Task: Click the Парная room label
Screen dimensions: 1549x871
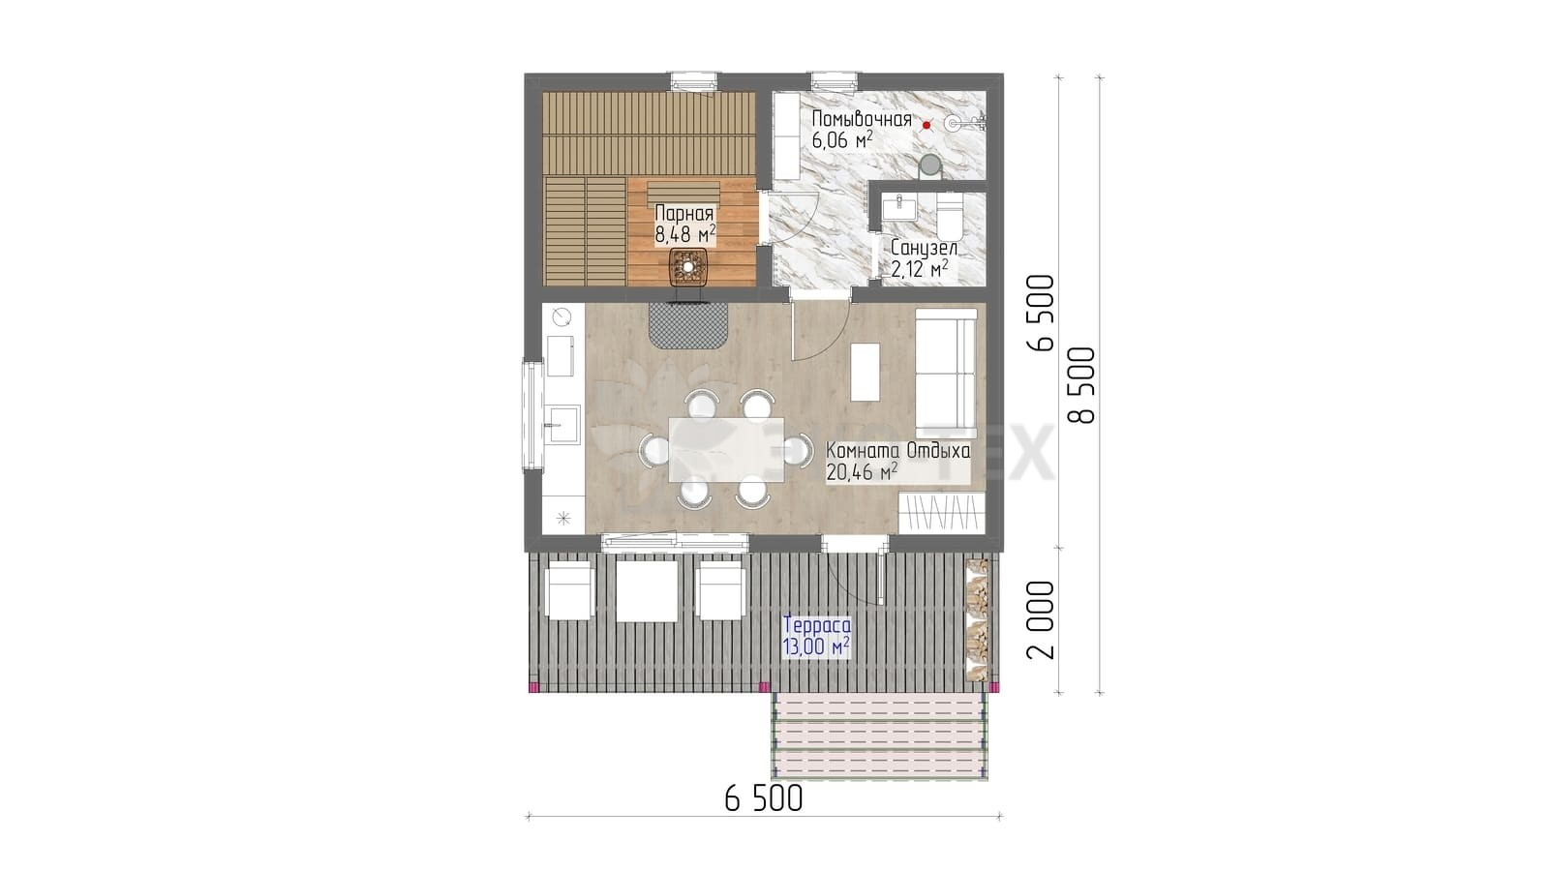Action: (683, 213)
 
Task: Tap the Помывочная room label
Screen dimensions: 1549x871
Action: (862, 119)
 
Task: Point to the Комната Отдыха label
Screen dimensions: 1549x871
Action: (898, 451)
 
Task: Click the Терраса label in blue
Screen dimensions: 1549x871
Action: (817, 625)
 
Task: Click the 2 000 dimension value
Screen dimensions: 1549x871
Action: (1041, 620)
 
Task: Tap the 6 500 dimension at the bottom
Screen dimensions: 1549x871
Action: (764, 798)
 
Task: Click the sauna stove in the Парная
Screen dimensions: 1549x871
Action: (688, 267)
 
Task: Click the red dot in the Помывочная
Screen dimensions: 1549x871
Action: (926, 125)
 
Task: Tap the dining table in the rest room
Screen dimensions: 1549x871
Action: (726, 449)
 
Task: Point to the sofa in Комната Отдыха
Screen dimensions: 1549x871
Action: (946, 374)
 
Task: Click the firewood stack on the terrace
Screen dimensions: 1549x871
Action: (977, 620)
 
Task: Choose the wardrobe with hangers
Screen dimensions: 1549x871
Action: (942, 513)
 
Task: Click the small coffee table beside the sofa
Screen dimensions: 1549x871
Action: (866, 372)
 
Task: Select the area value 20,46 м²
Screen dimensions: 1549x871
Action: (862, 471)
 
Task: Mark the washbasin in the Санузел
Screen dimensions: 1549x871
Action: (899, 207)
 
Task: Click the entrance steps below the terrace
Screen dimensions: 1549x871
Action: (880, 736)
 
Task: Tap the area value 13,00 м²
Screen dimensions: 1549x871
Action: (816, 647)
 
